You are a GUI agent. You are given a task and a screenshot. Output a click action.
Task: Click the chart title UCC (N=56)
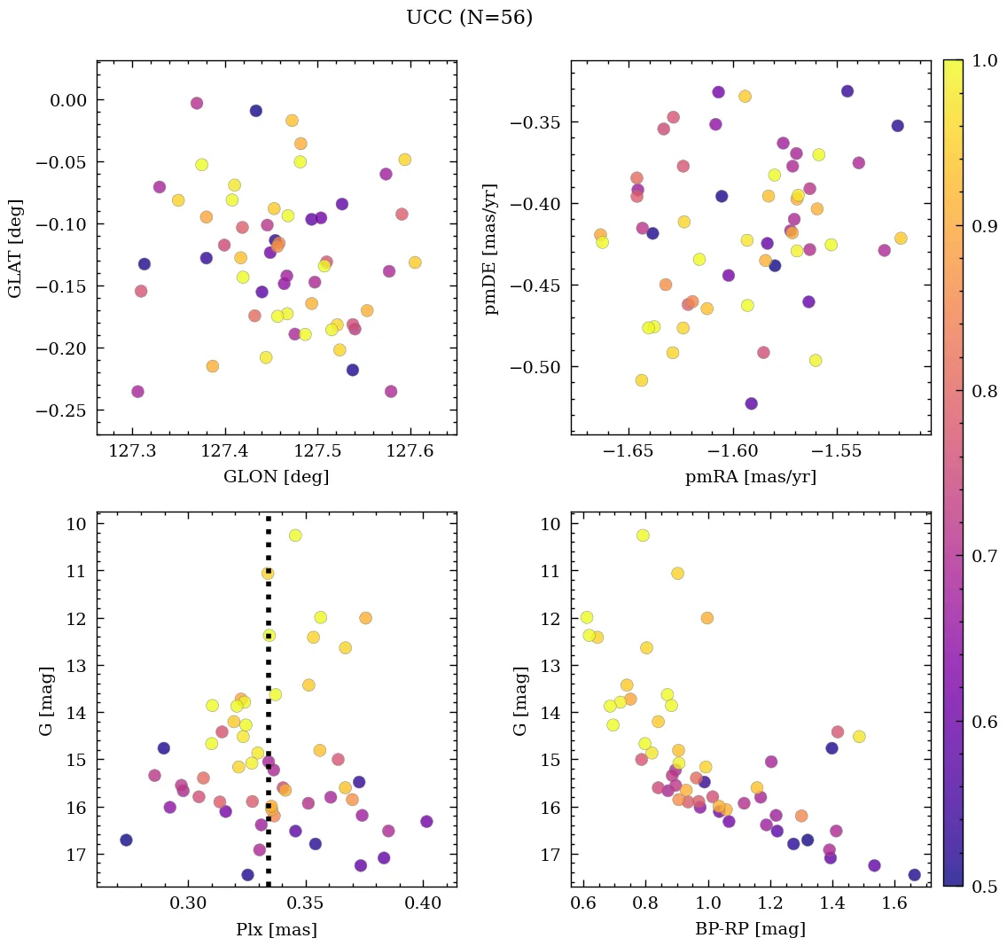(x=469, y=18)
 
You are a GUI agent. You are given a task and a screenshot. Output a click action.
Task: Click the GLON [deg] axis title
(x=277, y=477)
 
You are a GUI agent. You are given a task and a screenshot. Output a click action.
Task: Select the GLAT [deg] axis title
(x=15, y=247)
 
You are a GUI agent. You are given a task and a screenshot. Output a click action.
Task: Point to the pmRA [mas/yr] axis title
(x=751, y=477)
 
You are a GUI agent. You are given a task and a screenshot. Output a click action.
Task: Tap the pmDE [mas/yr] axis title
(x=490, y=247)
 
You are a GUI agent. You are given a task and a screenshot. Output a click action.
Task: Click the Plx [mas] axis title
(x=277, y=929)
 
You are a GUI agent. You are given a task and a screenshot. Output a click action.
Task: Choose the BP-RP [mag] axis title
(x=751, y=929)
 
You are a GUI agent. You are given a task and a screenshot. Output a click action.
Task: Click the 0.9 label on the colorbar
(x=980, y=226)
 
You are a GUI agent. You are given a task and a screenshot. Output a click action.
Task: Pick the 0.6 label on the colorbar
(x=980, y=722)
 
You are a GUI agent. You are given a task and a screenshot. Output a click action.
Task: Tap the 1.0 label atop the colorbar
(x=980, y=61)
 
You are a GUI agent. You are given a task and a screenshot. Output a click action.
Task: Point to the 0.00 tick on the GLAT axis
(x=68, y=100)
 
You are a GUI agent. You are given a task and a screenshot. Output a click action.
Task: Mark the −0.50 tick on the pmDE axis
(x=534, y=368)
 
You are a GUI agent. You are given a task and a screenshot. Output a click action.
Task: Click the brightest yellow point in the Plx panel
(x=295, y=536)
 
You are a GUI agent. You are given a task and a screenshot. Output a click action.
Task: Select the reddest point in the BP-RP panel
(x=914, y=875)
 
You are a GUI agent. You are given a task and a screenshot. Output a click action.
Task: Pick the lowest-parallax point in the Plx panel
(x=126, y=840)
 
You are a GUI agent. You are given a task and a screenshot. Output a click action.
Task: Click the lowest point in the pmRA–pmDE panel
(x=752, y=403)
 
